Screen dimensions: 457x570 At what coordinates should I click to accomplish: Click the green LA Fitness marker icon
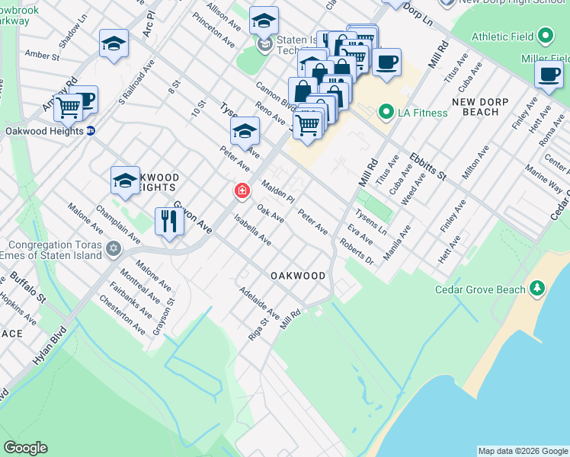point(386,113)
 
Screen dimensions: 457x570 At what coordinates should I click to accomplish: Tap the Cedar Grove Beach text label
point(479,289)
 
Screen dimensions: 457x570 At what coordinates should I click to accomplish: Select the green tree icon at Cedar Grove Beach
point(538,288)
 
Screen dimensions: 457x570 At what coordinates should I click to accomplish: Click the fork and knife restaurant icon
point(168,222)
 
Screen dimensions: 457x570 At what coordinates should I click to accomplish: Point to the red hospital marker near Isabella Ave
point(242,190)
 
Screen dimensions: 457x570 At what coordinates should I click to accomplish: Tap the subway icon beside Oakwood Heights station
point(91,130)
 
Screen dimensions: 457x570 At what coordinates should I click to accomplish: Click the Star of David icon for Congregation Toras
point(114,248)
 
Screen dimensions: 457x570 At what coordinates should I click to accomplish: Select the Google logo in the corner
point(25,448)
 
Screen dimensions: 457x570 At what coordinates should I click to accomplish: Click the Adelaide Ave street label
point(260,302)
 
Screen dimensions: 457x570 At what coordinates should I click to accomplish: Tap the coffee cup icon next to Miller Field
point(549,74)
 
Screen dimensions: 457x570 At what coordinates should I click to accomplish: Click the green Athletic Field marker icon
point(545,36)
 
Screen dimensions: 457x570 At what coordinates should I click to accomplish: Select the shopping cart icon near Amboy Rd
point(68,107)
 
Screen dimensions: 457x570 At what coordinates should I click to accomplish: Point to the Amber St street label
point(42,55)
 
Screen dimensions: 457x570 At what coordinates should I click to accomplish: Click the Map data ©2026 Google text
point(522,451)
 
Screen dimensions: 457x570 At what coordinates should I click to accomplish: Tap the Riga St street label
point(255,330)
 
